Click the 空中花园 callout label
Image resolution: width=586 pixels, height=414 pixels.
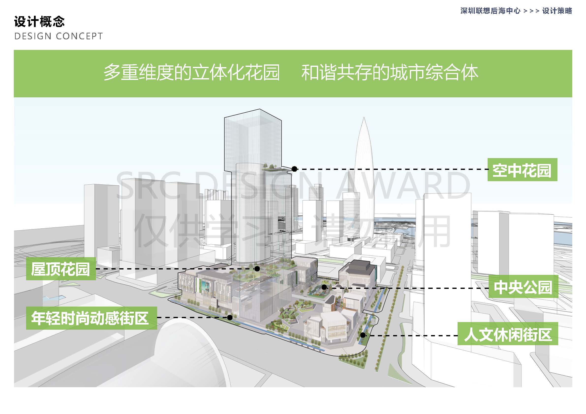coord(522,170)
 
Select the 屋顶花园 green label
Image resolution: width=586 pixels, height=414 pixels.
coord(61,269)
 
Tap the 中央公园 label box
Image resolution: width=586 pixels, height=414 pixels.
coord(523,287)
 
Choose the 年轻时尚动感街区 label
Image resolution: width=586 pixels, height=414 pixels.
coord(91,318)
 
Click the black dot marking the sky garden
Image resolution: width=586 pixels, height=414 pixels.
coord(294,169)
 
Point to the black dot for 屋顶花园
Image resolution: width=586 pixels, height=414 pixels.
coord(257,269)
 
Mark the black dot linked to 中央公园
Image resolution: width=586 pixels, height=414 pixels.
coord(324,287)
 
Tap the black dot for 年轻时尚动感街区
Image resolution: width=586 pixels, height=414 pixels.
coord(230,317)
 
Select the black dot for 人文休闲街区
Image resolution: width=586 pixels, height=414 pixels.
coord(363,335)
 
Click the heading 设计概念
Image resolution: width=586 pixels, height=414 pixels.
coord(39,22)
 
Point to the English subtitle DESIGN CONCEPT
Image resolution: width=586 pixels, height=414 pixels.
coord(59,36)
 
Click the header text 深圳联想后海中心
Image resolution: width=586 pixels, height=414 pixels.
coord(490,11)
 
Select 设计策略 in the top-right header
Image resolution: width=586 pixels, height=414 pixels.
coord(557,11)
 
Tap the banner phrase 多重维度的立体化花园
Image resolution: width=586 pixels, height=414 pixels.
coord(192,73)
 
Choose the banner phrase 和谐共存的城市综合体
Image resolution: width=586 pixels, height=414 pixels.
coord(389,73)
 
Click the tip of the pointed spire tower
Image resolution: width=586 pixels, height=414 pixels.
coord(364,118)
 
